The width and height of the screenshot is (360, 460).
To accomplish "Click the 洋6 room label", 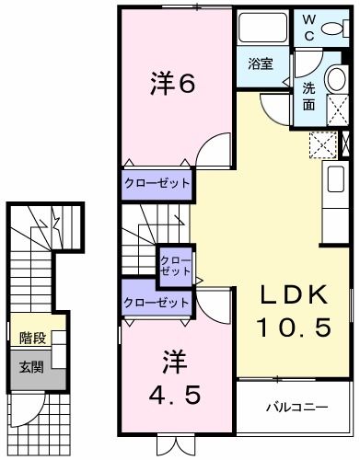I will click(x=171, y=85).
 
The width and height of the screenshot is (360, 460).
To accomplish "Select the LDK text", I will click(x=294, y=296).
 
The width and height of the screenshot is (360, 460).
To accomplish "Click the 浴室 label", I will click(x=261, y=63).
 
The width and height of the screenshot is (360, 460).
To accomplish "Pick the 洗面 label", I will click(x=310, y=98).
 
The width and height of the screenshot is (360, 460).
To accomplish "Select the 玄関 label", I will click(x=32, y=366).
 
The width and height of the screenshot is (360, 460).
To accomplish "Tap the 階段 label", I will click(x=32, y=339).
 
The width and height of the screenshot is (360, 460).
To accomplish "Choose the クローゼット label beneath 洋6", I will click(x=157, y=183).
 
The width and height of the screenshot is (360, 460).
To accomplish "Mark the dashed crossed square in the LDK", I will click(x=322, y=144).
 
